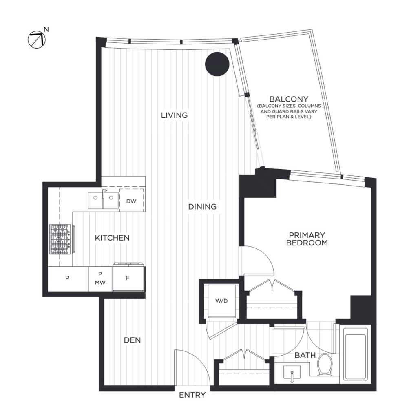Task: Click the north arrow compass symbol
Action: point(37,39)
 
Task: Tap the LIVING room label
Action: point(174,115)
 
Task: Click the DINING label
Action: point(202,207)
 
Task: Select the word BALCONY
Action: point(289,99)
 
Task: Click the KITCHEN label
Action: point(112,238)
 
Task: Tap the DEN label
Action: point(132,340)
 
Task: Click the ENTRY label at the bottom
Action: point(192,395)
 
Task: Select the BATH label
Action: point(305,356)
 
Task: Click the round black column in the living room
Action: point(217,64)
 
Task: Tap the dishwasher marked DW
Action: point(131,201)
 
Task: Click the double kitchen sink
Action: point(103,200)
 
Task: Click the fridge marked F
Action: point(128,279)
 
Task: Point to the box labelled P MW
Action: point(100,279)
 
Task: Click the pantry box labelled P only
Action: point(68,279)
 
